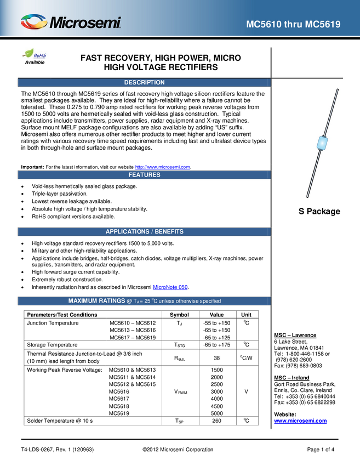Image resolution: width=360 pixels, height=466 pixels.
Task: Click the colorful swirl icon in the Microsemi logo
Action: [34, 22]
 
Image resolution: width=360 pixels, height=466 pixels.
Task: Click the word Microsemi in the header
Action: [85, 23]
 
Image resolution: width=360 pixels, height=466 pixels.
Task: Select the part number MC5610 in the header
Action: [264, 25]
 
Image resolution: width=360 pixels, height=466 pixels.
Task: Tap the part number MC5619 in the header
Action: [322, 25]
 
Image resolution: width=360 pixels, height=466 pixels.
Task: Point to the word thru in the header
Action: [293, 25]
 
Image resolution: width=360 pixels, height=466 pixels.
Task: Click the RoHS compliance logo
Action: [36, 55]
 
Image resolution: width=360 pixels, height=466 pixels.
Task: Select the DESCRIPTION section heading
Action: [144, 83]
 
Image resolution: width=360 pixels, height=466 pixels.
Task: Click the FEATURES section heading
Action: [144, 175]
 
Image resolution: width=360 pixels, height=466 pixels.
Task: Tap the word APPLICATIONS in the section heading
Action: [127, 232]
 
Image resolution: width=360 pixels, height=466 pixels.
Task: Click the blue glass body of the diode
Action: [322, 143]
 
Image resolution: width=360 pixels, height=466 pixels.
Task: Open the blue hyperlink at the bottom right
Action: [300, 421]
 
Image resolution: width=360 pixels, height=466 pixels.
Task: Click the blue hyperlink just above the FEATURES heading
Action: [163, 166]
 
